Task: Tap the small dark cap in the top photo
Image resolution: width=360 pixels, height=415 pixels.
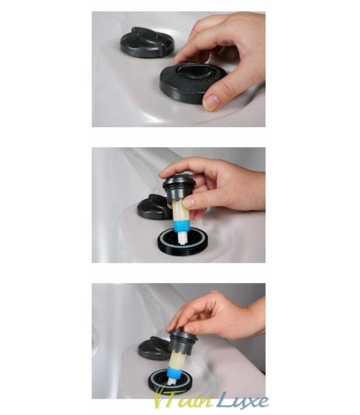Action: point(147,43)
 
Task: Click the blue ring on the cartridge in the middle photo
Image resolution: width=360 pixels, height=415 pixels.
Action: point(181,226)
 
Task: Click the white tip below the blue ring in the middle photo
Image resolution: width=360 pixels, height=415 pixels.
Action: point(182,237)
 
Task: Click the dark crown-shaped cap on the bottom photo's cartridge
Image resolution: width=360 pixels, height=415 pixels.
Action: point(182,341)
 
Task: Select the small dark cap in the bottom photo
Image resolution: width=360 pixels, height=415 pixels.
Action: point(154,348)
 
